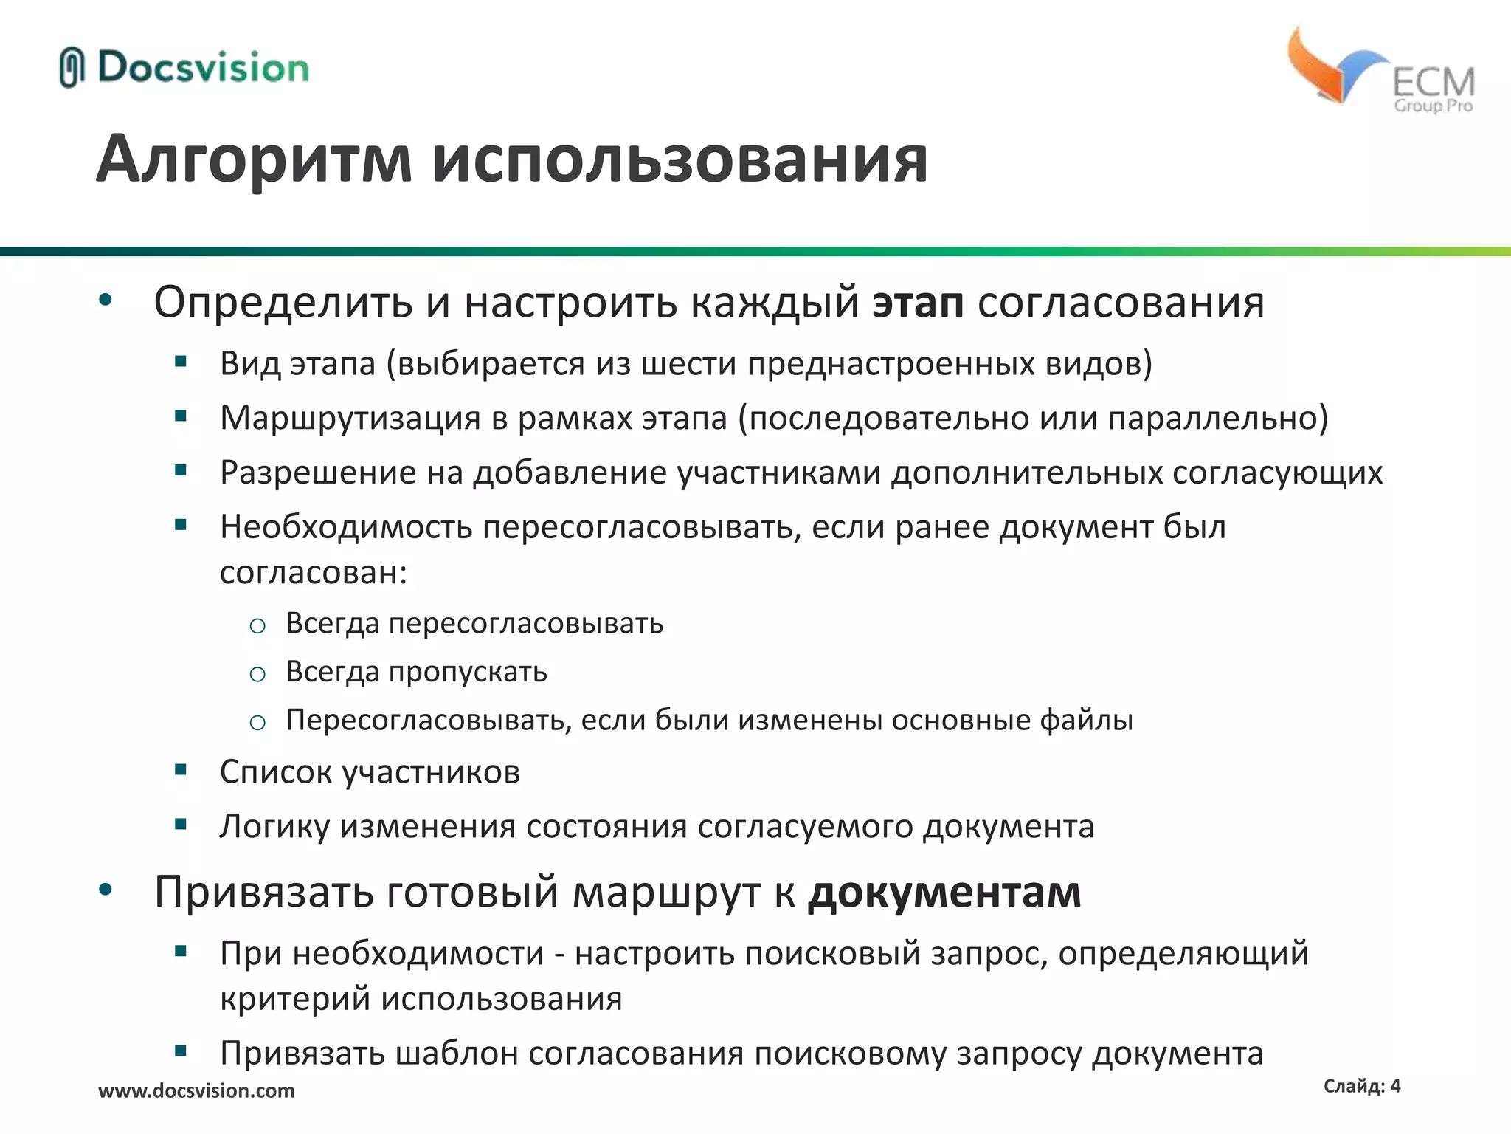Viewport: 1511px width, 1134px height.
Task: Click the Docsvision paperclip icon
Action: pyautogui.click(x=72, y=67)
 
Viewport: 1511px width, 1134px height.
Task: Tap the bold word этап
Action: pyautogui.click(x=917, y=303)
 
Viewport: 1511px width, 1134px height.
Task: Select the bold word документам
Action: pyautogui.click(x=944, y=893)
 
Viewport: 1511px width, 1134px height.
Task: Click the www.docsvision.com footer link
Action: pyautogui.click(x=196, y=1090)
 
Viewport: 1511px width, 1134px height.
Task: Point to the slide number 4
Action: pyautogui.click(x=1394, y=1085)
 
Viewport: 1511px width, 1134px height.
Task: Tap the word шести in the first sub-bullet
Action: pyautogui.click(x=689, y=364)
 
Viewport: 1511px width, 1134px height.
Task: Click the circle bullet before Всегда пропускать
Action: pyautogui.click(x=257, y=674)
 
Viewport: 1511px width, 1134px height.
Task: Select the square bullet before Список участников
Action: pyautogui.click(x=181, y=770)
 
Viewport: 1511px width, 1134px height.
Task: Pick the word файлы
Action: pyautogui.click(x=1086, y=720)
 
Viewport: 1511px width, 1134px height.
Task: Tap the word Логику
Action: pyautogui.click(x=274, y=827)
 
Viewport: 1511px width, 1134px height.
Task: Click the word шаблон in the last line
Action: pyautogui.click(x=456, y=1054)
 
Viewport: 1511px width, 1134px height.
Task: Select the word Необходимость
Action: pyautogui.click(x=345, y=527)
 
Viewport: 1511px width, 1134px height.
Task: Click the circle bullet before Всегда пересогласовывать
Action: pyautogui.click(x=257, y=626)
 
